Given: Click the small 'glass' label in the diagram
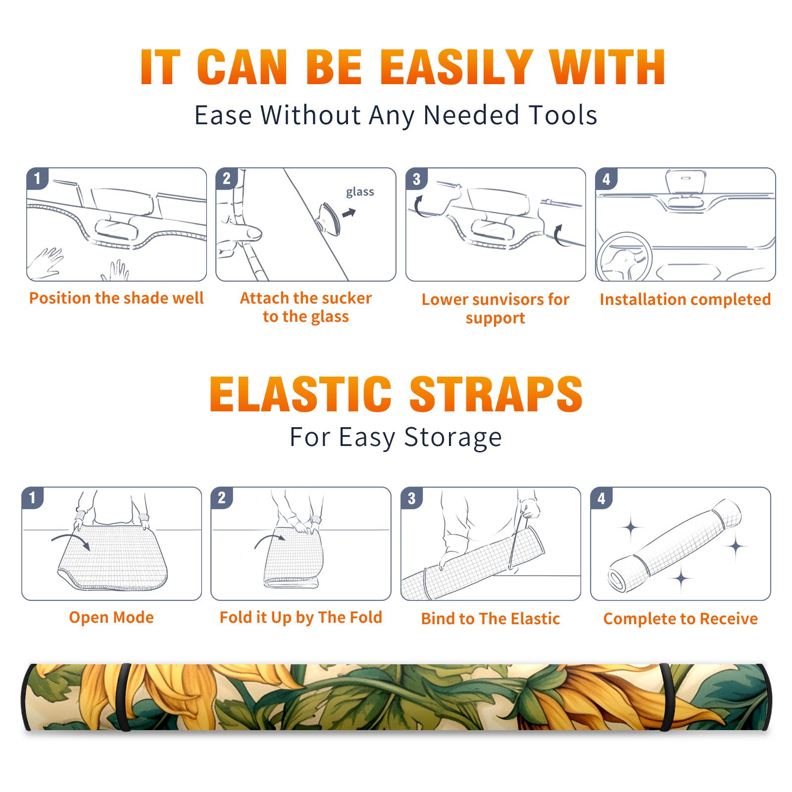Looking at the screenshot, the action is pyautogui.click(x=360, y=192).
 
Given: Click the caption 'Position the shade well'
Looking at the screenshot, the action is pyautogui.click(x=116, y=298).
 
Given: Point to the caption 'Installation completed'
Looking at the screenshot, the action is pyautogui.click(x=685, y=299).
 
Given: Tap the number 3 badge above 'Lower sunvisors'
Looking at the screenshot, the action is pyautogui.click(x=416, y=179).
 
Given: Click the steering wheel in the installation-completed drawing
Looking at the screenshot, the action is pyautogui.click(x=624, y=256).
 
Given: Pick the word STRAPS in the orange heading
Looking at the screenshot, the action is pyautogui.click(x=496, y=394).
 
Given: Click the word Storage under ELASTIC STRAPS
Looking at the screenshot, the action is pyautogui.click(x=453, y=438).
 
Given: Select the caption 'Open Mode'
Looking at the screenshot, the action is pyautogui.click(x=111, y=617).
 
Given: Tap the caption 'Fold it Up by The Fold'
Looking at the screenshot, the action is pyautogui.click(x=301, y=617).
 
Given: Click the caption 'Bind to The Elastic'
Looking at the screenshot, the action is pyautogui.click(x=491, y=619).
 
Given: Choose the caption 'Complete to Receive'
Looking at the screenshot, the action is pyautogui.click(x=681, y=619).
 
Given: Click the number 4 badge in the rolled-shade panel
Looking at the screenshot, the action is pyautogui.click(x=601, y=498).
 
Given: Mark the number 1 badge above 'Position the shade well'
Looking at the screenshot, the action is pyautogui.click(x=37, y=178).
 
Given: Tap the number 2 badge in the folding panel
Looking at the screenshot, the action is pyautogui.click(x=222, y=498).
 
